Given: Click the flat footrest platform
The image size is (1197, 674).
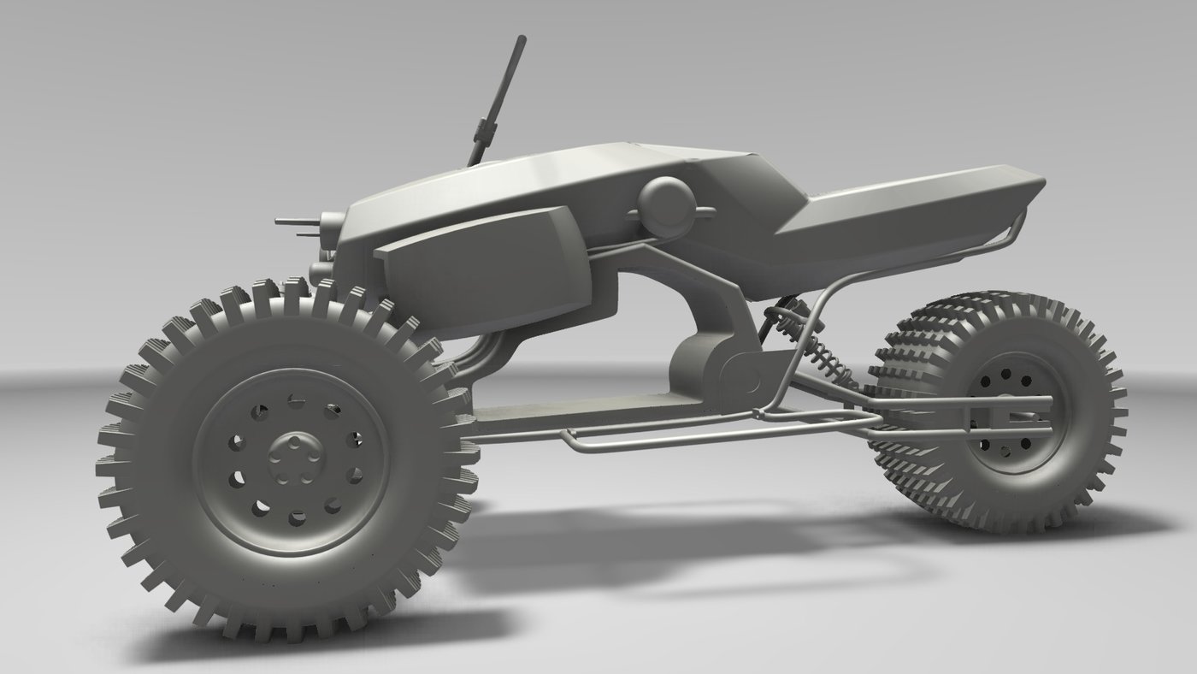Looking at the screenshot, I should click(581, 411).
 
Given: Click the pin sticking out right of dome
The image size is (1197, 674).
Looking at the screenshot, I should click(706, 210).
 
